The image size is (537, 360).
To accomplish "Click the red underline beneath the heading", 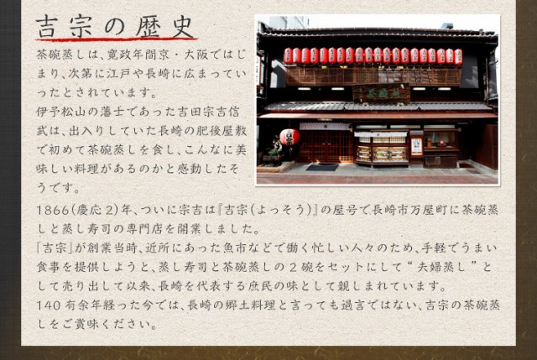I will pos(116,39).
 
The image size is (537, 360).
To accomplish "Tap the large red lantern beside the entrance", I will pos(289,136).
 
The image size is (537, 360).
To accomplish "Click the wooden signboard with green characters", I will pos(381,93).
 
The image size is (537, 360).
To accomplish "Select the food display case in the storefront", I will pos(382,152).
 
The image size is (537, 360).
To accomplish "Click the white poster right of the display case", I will pos(416,145).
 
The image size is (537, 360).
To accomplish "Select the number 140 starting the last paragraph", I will pos(50,304).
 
